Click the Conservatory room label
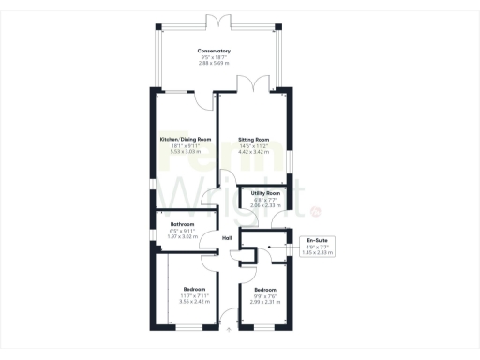pyautogui.click(x=214, y=51)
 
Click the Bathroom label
pyautogui.click(x=182, y=225)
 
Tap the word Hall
pyautogui.click(x=227, y=238)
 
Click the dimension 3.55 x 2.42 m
pyautogui.click(x=195, y=300)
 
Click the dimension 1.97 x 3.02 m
pyautogui.click(x=182, y=236)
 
